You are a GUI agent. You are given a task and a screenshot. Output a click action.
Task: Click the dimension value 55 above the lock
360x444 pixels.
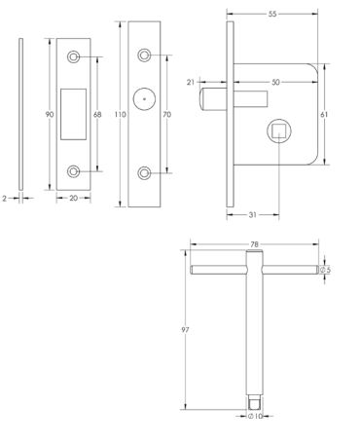tap(272, 14)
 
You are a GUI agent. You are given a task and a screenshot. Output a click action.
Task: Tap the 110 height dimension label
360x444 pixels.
tap(121, 114)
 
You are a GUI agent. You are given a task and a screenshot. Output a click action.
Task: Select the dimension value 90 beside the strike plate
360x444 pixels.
tap(50, 114)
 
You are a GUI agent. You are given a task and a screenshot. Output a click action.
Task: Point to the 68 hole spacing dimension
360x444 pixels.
tap(97, 114)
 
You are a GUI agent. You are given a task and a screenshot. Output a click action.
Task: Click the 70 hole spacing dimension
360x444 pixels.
tap(167, 114)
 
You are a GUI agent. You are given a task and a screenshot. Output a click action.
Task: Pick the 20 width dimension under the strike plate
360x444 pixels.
tap(74, 198)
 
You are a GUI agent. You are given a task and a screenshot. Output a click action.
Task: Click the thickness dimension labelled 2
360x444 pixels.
tap(5, 198)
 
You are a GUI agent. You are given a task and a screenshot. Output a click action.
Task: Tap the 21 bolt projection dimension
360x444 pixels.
tap(191, 82)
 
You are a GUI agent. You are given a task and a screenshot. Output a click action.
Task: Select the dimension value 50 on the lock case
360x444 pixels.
tap(275, 82)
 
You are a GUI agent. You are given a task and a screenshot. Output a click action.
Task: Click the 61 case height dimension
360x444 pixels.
tap(324, 114)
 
